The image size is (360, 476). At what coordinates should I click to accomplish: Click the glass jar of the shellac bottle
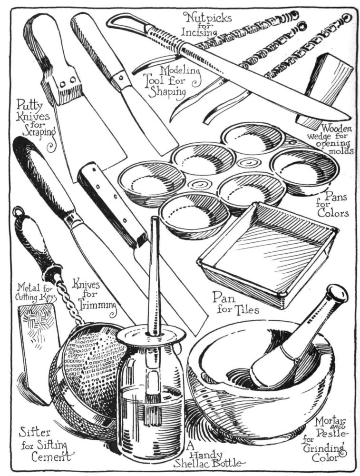coord(150,400)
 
